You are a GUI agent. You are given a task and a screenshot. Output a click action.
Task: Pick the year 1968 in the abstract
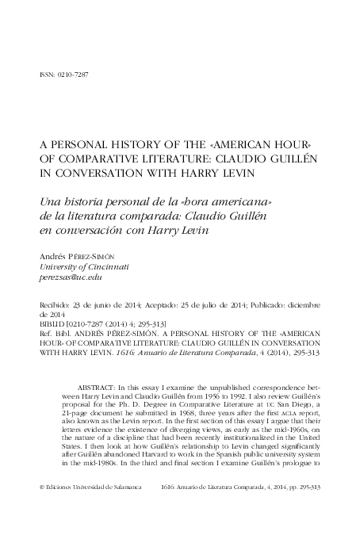(162, 415)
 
